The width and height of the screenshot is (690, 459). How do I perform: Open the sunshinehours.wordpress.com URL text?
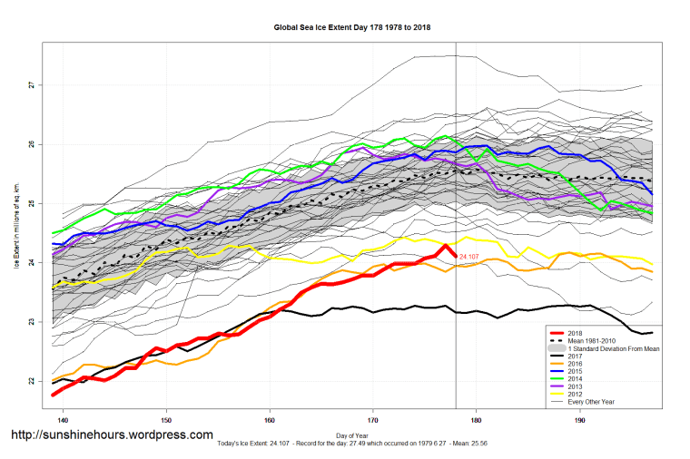(x=112, y=435)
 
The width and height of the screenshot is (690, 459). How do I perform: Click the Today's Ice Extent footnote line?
(x=352, y=444)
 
